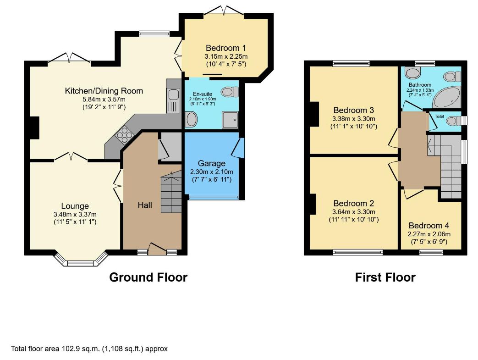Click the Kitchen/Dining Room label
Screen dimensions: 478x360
(x=104, y=91)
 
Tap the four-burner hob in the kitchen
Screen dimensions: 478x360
(x=124, y=134)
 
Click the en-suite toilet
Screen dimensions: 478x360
(x=230, y=92)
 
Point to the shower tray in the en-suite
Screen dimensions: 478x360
(x=230, y=120)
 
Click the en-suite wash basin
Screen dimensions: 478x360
(x=192, y=119)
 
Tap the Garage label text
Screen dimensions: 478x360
(x=212, y=164)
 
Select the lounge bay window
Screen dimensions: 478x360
(x=82, y=260)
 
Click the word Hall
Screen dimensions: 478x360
(x=145, y=205)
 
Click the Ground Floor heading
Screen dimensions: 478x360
(x=148, y=277)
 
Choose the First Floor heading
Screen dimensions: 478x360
(x=385, y=277)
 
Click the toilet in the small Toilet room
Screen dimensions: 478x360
(x=454, y=121)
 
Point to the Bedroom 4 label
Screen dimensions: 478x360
(x=429, y=226)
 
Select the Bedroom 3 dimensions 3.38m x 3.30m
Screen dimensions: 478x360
(x=354, y=119)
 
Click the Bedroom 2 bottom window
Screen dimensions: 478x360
(x=358, y=252)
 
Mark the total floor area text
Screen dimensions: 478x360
(x=89, y=349)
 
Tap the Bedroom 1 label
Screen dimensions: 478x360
(x=226, y=48)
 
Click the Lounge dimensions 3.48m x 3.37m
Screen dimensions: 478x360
(x=75, y=215)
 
